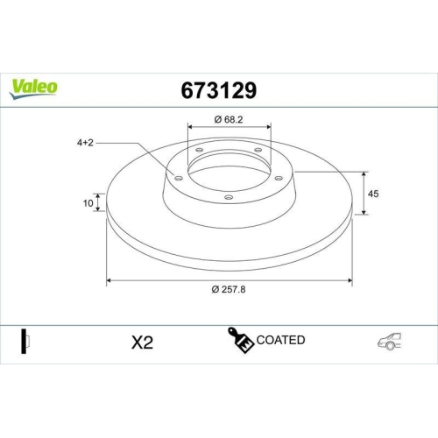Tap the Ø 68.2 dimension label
[230, 117]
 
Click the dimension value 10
[88, 203]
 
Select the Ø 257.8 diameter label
[229, 292]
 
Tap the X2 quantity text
[141, 342]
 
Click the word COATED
[281, 340]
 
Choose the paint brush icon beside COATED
[242, 341]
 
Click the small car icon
[390, 342]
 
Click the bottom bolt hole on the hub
[229, 198]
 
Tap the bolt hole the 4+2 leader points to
[179, 179]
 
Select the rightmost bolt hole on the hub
[279, 178]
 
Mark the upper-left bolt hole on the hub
[199, 151]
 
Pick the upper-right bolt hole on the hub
[259, 151]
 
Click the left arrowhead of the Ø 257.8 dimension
[109, 281]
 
